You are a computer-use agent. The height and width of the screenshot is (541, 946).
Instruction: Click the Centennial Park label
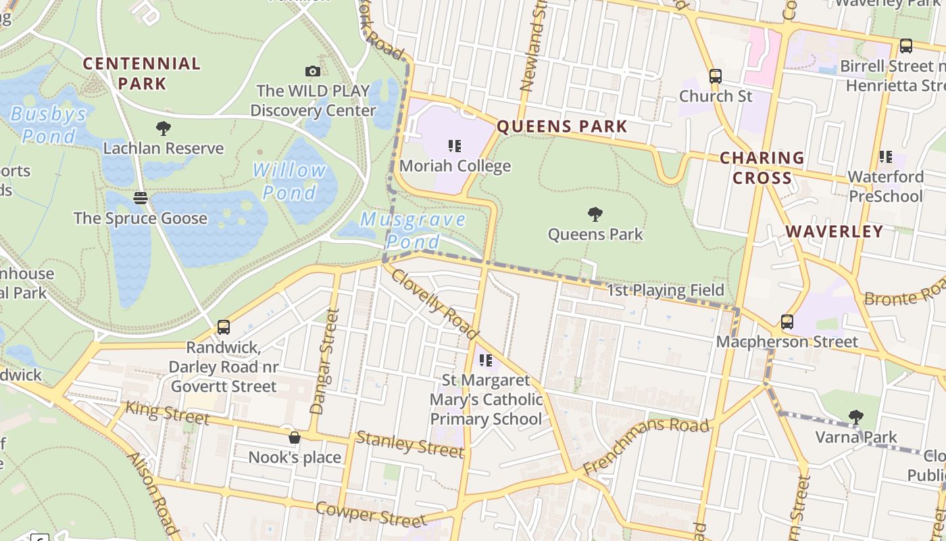click(142, 73)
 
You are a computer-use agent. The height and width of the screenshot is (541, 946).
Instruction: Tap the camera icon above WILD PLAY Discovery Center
click(312, 71)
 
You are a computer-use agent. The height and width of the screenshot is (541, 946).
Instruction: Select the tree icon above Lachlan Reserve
click(163, 128)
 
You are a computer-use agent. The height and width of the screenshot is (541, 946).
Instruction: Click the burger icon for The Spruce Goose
click(141, 198)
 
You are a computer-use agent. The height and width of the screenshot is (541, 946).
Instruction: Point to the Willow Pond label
click(290, 181)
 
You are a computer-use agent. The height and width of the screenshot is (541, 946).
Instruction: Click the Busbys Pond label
click(49, 124)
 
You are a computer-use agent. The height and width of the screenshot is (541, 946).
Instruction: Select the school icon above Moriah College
click(455, 145)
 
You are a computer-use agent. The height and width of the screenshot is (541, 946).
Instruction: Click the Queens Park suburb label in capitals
click(562, 126)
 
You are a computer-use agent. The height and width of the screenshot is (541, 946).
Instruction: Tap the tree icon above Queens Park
click(595, 214)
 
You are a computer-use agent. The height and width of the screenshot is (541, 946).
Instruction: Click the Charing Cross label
click(762, 168)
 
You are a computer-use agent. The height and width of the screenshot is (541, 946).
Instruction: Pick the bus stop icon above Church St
click(716, 76)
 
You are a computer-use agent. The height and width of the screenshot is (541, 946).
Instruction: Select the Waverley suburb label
click(834, 231)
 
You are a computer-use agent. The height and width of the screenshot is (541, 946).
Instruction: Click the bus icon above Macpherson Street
click(787, 321)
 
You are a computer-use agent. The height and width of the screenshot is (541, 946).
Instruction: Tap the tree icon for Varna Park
click(855, 417)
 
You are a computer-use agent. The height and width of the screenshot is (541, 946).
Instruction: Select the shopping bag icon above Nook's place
click(294, 438)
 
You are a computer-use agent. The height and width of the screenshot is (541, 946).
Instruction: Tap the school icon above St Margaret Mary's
click(485, 360)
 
